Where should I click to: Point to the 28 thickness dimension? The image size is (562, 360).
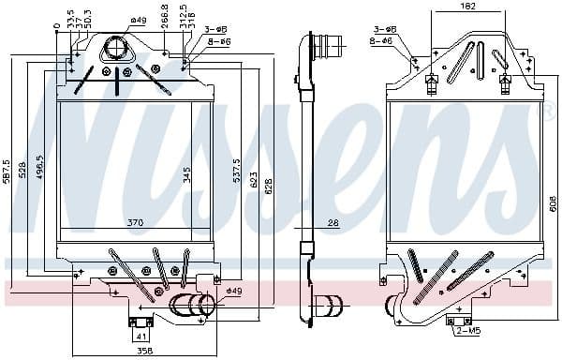(x=332, y=223)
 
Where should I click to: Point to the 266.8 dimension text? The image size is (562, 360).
(x=165, y=18)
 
